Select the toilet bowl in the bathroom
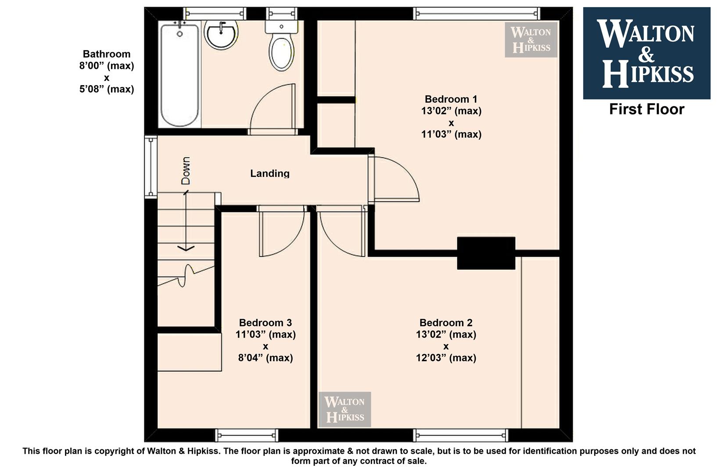click(x=281, y=53)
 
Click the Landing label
click(x=270, y=173)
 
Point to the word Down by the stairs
click(x=186, y=170)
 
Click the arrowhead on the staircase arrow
click(x=186, y=248)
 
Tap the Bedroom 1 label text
click(x=451, y=99)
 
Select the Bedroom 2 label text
click(x=446, y=323)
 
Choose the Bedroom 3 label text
click(x=266, y=323)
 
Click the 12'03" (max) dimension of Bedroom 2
click(x=446, y=358)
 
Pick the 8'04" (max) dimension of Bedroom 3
click(x=266, y=358)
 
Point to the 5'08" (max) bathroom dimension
click(x=107, y=89)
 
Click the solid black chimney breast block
click(x=486, y=253)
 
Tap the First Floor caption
click(x=646, y=109)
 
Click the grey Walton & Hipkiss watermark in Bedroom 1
click(x=531, y=40)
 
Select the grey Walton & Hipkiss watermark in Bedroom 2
click(x=345, y=409)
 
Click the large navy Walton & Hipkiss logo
click(x=646, y=53)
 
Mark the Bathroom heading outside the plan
click(x=107, y=54)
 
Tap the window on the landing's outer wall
click(x=151, y=167)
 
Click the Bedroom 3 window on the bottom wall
click(x=247, y=435)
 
